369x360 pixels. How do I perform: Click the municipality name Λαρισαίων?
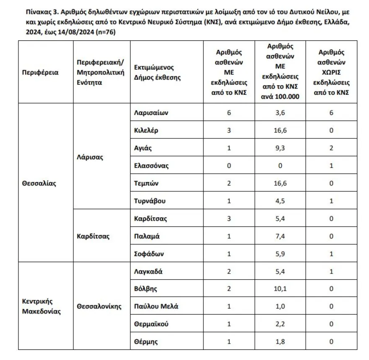[x=151, y=113]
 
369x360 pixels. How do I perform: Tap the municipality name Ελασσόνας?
[x=151, y=166]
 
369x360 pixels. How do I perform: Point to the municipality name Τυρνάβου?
[x=150, y=201]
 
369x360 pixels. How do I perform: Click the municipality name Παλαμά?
[x=147, y=236]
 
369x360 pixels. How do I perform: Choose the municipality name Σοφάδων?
[x=148, y=254]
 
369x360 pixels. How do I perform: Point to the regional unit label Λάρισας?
[x=90, y=157]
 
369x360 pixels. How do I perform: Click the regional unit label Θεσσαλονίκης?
[x=99, y=306]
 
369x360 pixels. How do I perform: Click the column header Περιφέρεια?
[x=40, y=72]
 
